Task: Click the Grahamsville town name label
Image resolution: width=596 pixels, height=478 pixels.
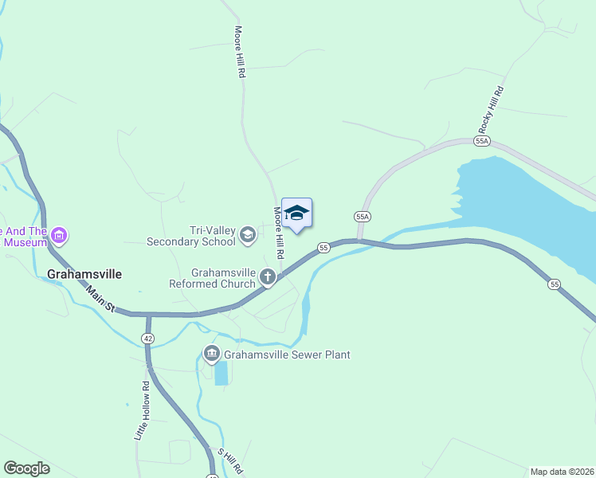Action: pyautogui.click(x=84, y=274)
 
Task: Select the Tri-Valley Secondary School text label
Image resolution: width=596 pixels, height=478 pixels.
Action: pyautogui.click(x=190, y=236)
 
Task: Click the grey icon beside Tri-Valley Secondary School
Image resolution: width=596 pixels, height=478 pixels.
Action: pyautogui.click(x=248, y=234)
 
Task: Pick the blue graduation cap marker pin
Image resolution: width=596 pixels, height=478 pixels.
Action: pyautogui.click(x=296, y=214)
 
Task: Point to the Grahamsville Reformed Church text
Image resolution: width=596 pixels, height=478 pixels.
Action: pyautogui.click(x=212, y=277)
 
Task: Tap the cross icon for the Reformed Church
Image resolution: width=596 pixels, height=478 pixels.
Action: pyautogui.click(x=268, y=277)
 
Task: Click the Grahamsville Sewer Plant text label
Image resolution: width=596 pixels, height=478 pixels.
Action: pyautogui.click(x=287, y=355)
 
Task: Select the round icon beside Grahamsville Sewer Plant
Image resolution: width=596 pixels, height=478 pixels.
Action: pyautogui.click(x=212, y=353)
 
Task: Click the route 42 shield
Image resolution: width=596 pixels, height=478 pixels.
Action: pyautogui.click(x=147, y=339)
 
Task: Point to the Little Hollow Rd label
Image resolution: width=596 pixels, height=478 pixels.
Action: pyautogui.click(x=142, y=410)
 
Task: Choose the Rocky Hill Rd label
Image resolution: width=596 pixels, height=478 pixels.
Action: pyautogui.click(x=490, y=109)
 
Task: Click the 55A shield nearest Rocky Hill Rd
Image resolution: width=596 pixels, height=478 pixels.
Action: pyautogui.click(x=480, y=141)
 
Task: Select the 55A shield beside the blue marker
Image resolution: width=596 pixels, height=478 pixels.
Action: pyautogui.click(x=363, y=217)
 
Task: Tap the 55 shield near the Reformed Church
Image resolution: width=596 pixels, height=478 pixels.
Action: pyautogui.click(x=323, y=248)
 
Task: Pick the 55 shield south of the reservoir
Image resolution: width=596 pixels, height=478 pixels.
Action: pyautogui.click(x=554, y=284)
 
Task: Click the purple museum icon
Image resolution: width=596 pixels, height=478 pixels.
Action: pyautogui.click(x=59, y=236)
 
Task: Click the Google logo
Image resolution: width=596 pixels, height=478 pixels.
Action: pyautogui.click(x=26, y=468)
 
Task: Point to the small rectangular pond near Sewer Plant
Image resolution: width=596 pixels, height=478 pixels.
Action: pyautogui.click(x=221, y=373)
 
